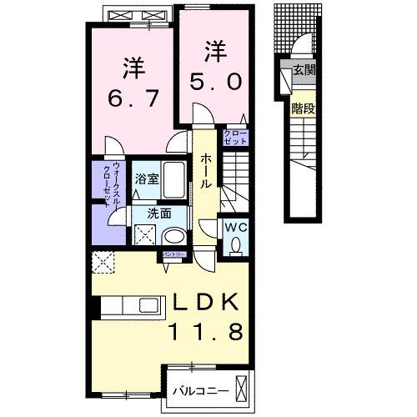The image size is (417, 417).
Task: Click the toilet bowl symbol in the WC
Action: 235,244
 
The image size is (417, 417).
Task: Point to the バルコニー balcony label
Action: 197,389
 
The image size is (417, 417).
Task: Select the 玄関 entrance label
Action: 304,71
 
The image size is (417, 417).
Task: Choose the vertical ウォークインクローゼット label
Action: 118,185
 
